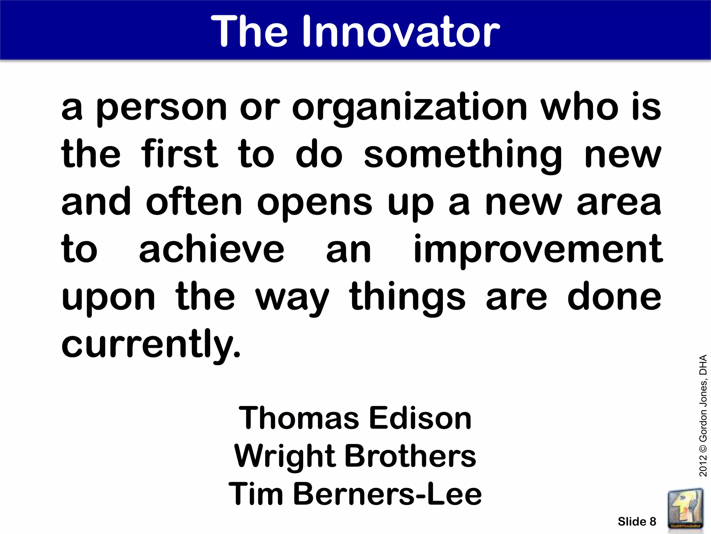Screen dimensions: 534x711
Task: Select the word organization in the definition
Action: click(410, 108)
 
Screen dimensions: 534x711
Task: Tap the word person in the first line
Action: click(161, 108)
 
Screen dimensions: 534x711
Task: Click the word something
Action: click(462, 155)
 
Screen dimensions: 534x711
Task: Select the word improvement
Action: click(538, 250)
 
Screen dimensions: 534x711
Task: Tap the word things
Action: click(407, 298)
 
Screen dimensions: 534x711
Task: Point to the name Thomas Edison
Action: click(355, 418)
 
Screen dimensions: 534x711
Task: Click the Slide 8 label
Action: click(637, 521)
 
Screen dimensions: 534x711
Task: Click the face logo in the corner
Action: click(686, 509)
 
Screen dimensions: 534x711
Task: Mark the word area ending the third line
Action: click(619, 203)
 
